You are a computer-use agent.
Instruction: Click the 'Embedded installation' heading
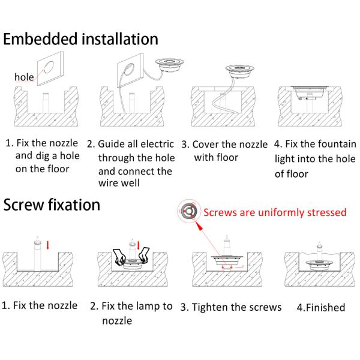(x=80, y=39)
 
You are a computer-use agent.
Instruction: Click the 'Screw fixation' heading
(x=52, y=205)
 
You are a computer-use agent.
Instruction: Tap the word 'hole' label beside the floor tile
(x=24, y=77)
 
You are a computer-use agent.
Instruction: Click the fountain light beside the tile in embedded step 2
(x=169, y=65)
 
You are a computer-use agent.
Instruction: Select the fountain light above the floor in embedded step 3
(x=240, y=71)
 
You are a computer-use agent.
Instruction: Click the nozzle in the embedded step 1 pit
(x=46, y=102)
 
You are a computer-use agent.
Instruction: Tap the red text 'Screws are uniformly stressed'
(x=275, y=212)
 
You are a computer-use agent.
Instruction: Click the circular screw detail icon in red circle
(x=189, y=211)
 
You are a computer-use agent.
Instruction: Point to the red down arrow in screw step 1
(x=48, y=245)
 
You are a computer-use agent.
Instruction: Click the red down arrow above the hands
(x=138, y=245)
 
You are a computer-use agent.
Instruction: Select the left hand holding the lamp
(x=119, y=256)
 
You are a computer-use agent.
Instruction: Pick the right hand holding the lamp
(x=143, y=255)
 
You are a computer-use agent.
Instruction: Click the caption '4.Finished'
(x=321, y=307)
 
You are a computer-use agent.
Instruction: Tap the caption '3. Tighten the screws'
(x=231, y=307)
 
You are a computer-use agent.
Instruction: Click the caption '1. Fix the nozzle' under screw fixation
(x=40, y=305)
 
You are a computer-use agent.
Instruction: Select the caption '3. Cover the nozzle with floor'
(x=224, y=151)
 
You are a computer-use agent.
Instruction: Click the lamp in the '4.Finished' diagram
(x=319, y=265)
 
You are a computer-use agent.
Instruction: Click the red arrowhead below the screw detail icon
(x=200, y=227)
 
